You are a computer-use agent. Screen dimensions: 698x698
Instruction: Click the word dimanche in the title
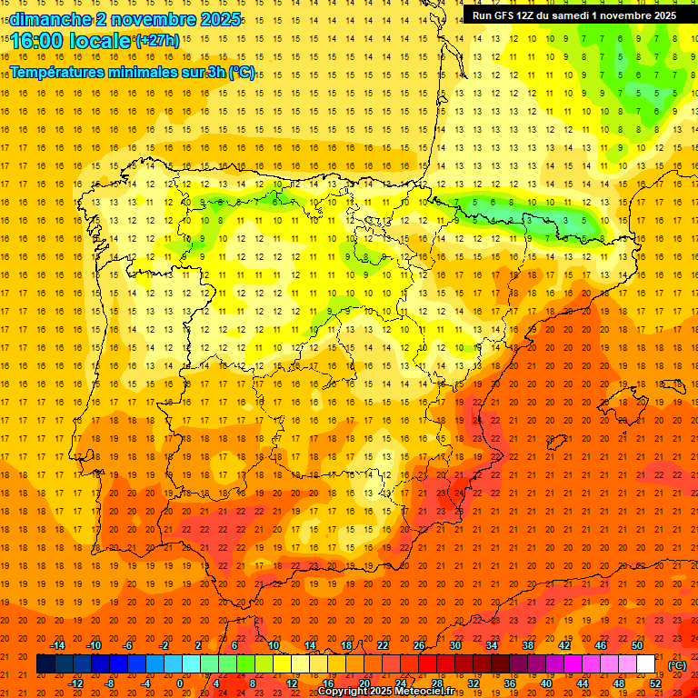[50, 19]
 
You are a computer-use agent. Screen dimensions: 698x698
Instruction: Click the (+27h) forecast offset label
[157, 41]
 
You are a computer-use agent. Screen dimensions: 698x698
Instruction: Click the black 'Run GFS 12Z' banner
[573, 15]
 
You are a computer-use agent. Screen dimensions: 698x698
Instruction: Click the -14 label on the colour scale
[58, 646]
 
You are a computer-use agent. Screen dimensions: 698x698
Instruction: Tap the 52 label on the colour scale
[655, 683]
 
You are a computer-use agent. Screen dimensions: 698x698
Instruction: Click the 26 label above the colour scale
[419, 646]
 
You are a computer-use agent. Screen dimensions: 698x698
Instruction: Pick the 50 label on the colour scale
[637, 646]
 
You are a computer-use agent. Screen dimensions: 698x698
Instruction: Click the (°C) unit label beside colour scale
[676, 665]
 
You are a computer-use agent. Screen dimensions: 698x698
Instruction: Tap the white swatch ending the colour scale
[645, 664]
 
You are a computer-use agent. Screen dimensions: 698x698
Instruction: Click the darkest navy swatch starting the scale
[45, 664]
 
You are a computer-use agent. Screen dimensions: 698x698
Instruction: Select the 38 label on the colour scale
[528, 646]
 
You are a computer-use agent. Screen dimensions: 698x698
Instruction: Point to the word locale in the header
[102, 42]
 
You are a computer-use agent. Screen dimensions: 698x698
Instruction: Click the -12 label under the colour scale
[76, 683]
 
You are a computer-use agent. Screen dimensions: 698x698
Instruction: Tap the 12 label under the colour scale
[292, 683]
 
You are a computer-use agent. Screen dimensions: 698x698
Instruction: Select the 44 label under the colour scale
[583, 683]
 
